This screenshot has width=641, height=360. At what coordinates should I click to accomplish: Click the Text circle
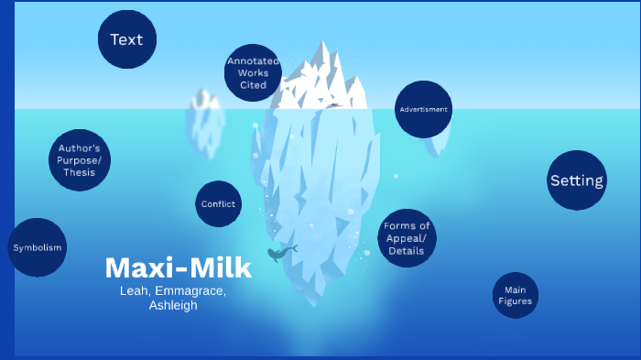[x=127, y=39]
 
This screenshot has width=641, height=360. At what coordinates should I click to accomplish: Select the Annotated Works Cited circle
[x=253, y=72]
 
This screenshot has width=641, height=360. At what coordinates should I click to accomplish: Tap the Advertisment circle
[x=424, y=109]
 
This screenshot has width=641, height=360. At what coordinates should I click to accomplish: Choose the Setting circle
[x=577, y=180]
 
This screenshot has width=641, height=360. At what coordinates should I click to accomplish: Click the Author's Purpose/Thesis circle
[x=79, y=159]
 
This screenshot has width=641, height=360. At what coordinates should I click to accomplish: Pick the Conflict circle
[x=218, y=204]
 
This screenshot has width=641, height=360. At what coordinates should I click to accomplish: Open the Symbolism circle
[x=37, y=247]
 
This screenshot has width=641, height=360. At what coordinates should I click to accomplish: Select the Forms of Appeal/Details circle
[x=407, y=238]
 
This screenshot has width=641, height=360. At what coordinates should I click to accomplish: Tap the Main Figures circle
[x=515, y=295]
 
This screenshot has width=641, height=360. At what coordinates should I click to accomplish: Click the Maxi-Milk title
[x=178, y=268]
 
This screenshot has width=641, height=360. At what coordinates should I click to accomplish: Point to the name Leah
[x=135, y=290]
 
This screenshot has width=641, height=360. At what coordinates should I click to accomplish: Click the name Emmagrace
[x=190, y=290]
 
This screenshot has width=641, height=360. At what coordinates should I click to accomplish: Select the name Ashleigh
[x=173, y=305]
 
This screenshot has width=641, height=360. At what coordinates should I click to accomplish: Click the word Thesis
[x=79, y=172]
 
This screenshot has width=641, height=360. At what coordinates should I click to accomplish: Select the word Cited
[x=253, y=85]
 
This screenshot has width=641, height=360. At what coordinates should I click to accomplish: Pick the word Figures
[x=515, y=300]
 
